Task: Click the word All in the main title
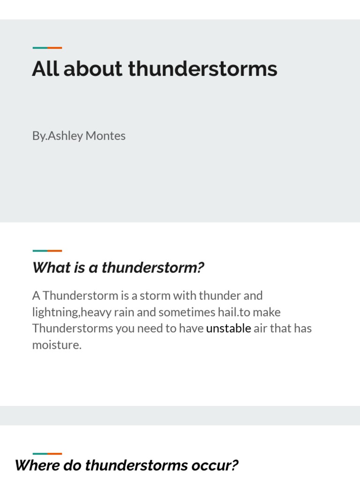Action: (x=45, y=69)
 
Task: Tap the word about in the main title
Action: (x=93, y=69)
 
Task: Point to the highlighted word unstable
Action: (x=228, y=328)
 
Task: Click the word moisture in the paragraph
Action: (x=57, y=345)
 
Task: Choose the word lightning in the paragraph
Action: (x=55, y=312)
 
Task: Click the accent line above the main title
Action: (x=47, y=48)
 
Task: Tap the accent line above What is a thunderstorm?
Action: (x=47, y=251)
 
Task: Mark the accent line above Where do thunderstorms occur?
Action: (x=47, y=454)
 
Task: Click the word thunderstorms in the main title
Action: (x=202, y=69)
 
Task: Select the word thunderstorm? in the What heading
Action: (x=153, y=268)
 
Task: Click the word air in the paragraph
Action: (x=260, y=328)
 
